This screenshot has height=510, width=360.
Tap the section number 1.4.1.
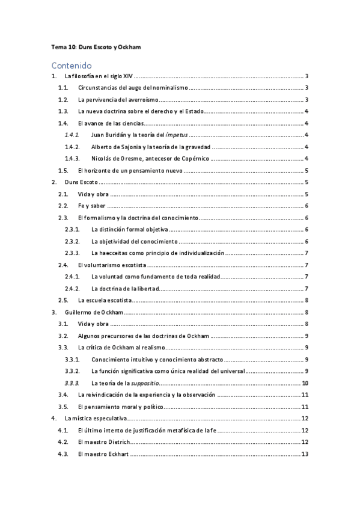click(72, 135)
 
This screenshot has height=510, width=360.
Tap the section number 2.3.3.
click(72, 253)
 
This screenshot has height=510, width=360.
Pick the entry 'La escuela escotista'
click(105, 300)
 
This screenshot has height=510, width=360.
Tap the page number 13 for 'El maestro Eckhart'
click(305, 454)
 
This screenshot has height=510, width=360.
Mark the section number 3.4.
click(63, 395)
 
